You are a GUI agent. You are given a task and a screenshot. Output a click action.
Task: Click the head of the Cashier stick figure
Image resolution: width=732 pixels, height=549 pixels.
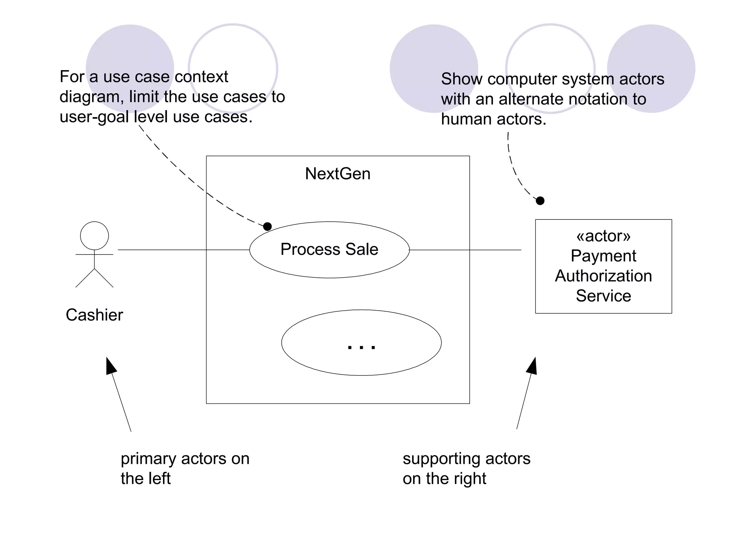(x=94, y=236)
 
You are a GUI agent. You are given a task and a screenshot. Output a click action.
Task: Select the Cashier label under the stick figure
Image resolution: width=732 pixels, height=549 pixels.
(x=94, y=315)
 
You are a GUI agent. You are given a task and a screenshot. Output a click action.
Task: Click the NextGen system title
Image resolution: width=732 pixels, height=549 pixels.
(x=338, y=174)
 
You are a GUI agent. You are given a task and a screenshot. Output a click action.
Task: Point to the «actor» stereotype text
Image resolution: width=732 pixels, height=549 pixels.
(x=603, y=236)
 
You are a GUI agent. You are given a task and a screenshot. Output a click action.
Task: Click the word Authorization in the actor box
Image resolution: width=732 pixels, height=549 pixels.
(x=603, y=276)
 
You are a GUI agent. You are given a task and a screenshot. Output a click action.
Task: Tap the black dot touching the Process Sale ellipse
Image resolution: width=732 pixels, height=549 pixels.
(x=267, y=226)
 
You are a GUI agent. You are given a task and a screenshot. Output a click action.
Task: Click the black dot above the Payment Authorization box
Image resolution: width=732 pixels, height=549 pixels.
(x=540, y=201)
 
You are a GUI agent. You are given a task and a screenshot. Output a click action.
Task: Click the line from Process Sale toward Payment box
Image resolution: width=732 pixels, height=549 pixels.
(x=465, y=250)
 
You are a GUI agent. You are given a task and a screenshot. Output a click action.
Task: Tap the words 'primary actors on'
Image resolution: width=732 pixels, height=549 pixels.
(x=185, y=459)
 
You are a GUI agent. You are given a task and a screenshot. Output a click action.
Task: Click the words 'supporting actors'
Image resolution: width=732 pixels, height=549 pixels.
(x=466, y=459)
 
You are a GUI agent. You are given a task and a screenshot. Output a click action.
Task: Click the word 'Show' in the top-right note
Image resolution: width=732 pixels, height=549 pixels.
(x=461, y=79)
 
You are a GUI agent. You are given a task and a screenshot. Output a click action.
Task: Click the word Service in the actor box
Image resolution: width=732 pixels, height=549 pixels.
(x=603, y=296)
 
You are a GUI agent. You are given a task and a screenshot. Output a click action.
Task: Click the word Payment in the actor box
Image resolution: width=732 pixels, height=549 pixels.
(x=603, y=256)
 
